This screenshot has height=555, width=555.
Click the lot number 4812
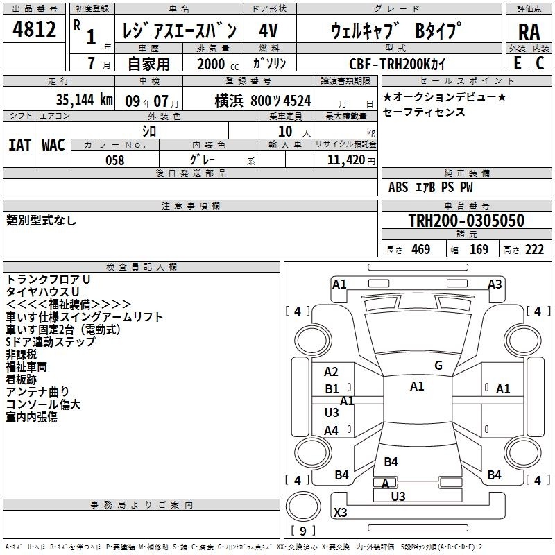pos(34,29)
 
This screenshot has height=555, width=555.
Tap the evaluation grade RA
pos(529,32)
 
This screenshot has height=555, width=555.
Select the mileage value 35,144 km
pos(84,100)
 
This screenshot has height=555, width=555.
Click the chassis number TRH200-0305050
pos(466,220)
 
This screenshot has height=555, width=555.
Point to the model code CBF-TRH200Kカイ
pos(397,64)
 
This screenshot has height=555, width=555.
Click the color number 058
pos(114,160)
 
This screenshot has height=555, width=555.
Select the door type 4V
pos(268,31)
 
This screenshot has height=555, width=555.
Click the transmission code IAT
pos(19,145)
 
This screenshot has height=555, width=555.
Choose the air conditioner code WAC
pos(53,145)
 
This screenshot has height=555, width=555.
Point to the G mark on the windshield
pos(438,366)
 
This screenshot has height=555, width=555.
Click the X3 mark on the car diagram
pos(340,512)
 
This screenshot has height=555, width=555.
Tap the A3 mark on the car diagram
pos(495,284)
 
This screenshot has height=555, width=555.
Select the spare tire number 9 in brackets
pos(302,531)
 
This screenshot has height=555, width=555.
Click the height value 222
pos(534,249)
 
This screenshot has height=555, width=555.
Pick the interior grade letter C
pos(540,63)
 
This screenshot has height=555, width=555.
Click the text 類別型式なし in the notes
pos(41,221)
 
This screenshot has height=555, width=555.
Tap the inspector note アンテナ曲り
pos(37,392)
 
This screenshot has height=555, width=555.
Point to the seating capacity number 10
pos(285,131)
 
